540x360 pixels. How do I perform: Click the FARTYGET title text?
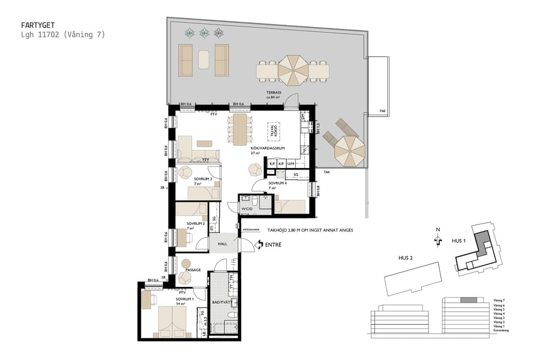(x=37, y=25)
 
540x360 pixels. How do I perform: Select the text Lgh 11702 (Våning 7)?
(x=63, y=35)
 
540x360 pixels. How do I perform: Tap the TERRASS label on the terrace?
(x=275, y=93)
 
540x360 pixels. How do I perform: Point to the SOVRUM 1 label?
(x=185, y=298)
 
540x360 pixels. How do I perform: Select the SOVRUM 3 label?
(x=203, y=178)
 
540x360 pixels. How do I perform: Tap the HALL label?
(x=223, y=244)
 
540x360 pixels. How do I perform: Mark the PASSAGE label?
(x=193, y=270)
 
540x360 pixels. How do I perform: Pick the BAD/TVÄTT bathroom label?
(x=221, y=302)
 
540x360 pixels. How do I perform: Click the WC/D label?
(x=247, y=209)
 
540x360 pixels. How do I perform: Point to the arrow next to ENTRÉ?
(x=259, y=244)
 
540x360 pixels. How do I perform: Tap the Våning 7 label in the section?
(x=499, y=299)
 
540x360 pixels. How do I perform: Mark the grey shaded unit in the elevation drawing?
(x=469, y=299)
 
